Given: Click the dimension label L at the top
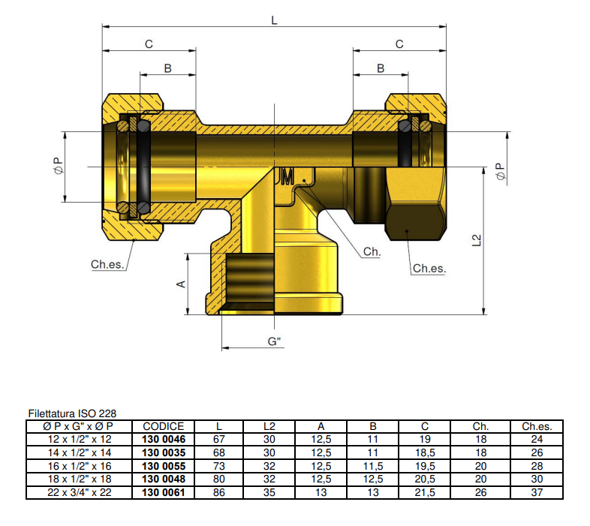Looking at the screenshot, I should click(x=274, y=20).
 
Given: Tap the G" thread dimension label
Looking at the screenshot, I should click(x=275, y=341).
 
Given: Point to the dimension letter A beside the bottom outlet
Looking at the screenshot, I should click(x=180, y=284).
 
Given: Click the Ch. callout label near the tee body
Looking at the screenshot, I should click(x=372, y=252).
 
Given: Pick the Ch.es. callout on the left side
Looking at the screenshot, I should click(x=107, y=264).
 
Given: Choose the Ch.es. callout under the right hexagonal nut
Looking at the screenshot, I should click(x=429, y=268).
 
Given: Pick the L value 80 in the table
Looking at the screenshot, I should click(x=219, y=479).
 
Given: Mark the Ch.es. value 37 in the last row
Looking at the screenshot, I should click(x=537, y=493).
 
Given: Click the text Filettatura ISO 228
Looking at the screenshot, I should click(x=72, y=413).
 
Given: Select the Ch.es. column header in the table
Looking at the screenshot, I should click(x=537, y=426).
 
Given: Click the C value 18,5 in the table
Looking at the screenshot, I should click(x=424, y=452).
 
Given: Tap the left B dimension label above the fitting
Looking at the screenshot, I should click(x=167, y=68).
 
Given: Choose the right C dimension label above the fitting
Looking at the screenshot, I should click(x=399, y=44).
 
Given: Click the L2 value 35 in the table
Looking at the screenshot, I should click(x=269, y=493).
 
